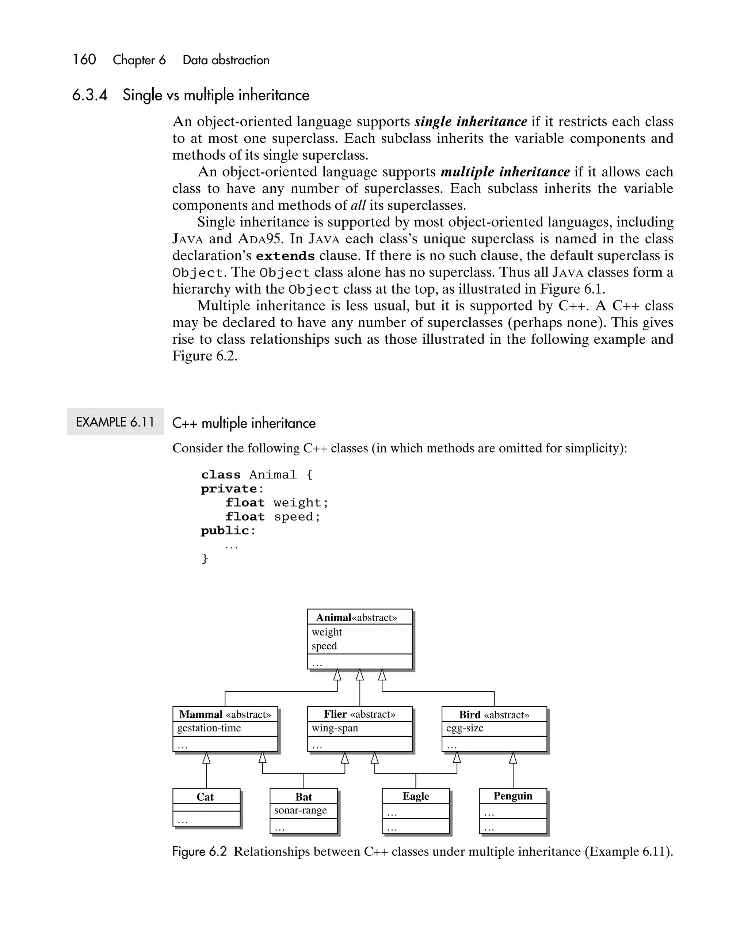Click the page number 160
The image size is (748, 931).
(84, 60)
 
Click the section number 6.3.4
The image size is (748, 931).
(89, 95)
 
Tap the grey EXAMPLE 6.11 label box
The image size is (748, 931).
(115, 422)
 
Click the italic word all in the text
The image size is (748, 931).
(358, 205)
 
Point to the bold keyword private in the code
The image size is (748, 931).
(229, 489)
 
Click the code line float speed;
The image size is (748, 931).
(272, 517)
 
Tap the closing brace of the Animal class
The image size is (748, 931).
(205, 558)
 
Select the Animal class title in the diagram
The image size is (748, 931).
(333, 618)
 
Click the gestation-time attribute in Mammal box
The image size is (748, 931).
(209, 728)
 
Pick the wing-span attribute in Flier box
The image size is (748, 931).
(335, 728)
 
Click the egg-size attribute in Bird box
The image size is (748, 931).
(465, 728)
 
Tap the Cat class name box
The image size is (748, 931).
(206, 797)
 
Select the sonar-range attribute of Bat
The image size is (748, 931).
(301, 810)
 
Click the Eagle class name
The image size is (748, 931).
(416, 796)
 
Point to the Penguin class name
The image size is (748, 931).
(513, 796)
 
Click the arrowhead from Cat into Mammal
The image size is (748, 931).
(206, 758)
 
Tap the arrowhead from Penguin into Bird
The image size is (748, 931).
(513, 758)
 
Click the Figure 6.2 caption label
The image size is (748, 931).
(199, 851)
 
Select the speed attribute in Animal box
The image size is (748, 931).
(324, 646)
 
